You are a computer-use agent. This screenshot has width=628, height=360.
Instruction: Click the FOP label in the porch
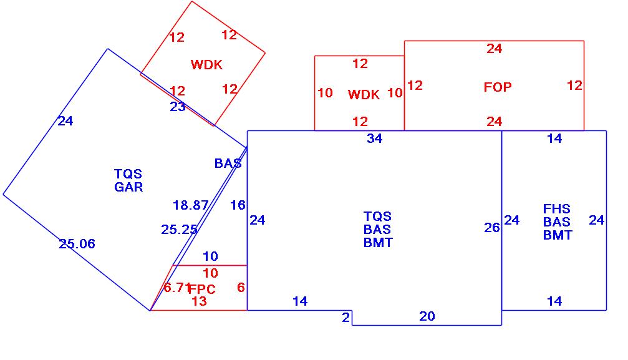pos(497,87)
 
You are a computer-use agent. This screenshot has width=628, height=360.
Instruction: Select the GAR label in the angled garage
pos(128,187)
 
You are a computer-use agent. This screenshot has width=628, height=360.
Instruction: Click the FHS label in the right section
pos(557,209)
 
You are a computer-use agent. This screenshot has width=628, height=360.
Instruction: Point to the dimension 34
pos(374,139)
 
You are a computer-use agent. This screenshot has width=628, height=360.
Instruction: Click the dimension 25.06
pos(77,244)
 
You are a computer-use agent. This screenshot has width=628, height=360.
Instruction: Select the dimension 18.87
pos(190,205)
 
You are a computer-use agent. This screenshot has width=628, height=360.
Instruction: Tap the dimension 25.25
pos(179,230)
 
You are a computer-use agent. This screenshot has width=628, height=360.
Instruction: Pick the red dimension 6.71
pos(176,288)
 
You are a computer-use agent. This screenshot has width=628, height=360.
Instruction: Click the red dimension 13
pos(199,302)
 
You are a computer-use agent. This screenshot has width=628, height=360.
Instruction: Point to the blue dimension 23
pos(178,107)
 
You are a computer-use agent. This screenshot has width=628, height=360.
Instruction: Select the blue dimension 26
pos(492,228)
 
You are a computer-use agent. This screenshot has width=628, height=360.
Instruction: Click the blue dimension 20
pos(427,317)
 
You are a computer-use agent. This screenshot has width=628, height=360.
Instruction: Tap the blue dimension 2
pos(345,318)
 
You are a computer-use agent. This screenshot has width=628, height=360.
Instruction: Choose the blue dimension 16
pos(238,205)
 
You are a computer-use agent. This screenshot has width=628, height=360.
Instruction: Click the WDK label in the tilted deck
pos(206,64)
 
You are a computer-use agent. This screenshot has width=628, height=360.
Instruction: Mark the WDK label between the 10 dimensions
pos(364,95)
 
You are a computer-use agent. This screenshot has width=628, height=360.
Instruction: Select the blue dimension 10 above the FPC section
pos(211,256)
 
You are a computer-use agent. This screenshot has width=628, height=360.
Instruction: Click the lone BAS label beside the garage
pos(228,163)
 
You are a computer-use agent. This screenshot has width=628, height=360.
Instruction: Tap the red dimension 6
pos(241,288)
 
